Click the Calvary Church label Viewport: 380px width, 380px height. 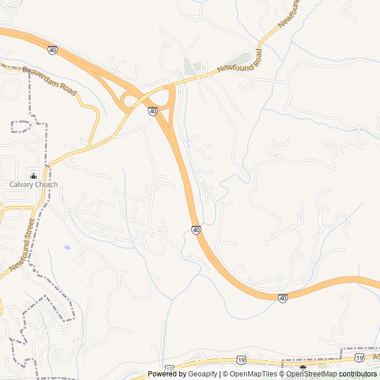tap(33, 185)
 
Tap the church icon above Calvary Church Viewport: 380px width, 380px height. tap(33, 176)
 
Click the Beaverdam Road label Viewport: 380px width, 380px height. tap(50, 81)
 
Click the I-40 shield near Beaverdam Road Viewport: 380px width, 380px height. tap(52, 50)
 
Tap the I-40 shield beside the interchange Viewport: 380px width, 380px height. tap(153, 111)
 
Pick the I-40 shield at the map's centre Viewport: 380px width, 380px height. tap(196, 229)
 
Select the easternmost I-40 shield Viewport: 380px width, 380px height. tap(283, 297)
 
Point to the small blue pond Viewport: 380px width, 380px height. tap(67, 247)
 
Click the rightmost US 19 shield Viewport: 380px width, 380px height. tap(359, 357)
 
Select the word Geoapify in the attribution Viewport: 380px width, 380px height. tap(202, 374)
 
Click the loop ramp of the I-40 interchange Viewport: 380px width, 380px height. tap(128, 101)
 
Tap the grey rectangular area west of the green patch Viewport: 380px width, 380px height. tap(191, 67)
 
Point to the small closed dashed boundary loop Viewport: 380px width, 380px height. tap(21, 126)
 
